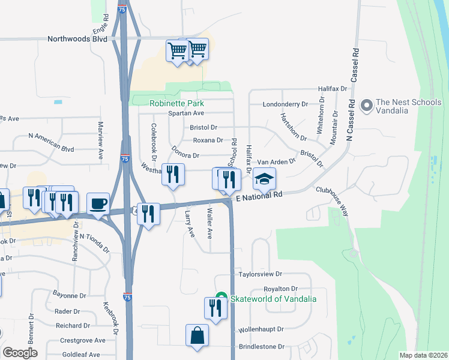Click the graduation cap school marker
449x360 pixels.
click(x=264, y=178)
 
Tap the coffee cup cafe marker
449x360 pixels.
click(x=98, y=203)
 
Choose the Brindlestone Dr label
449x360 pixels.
click(x=261, y=347)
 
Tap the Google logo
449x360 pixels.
click(x=20, y=353)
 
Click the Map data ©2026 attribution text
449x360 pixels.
click(x=423, y=355)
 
